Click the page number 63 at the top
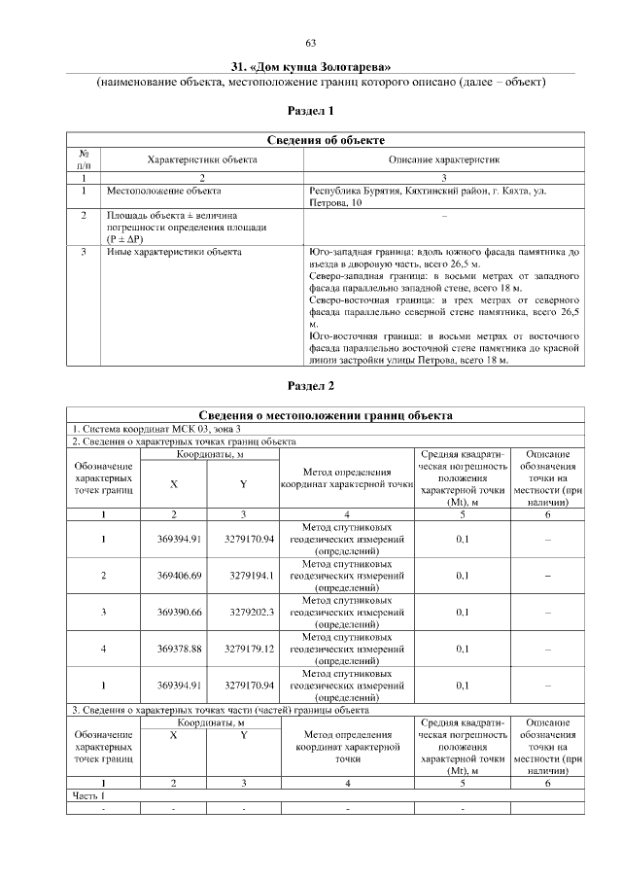tap(311, 42)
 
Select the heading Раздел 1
tap(311, 112)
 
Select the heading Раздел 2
tap(311, 386)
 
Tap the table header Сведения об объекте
tap(326, 141)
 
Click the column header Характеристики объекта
tap(202, 158)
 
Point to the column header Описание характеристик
tap(444, 158)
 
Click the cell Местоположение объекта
tap(163, 192)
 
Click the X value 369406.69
tap(179, 576)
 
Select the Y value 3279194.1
tap(252, 576)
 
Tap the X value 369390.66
tap(179, 613)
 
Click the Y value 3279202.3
tap(252, 613)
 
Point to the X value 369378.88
tap(179, 650)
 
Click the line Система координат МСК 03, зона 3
tap(156, 429)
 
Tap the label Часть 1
tap(88, 795)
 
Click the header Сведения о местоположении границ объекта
tap(326, 416)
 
